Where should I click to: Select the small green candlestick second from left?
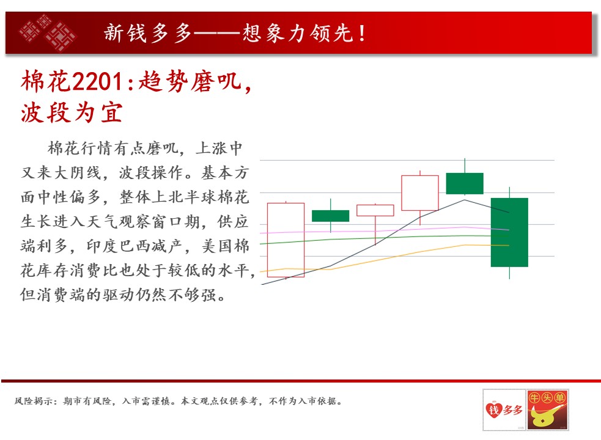pyautogui.click(x=330, y=216)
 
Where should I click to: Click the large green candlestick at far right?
pyautogui.click(x=509, y=232)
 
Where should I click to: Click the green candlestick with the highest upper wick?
pyautogui.click(x=465, y=183)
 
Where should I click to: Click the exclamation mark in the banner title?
pyautogui.click(x=361, y=33)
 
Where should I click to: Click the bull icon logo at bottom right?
pyautogui.click(x=547, y=409)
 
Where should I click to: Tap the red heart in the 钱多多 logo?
pyautogui.click(x=493, y=409)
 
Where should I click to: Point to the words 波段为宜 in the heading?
pyautogui.click(x=72, y=112)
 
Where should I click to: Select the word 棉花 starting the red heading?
pyautogui.click(x=46, y=81)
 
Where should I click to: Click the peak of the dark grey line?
pyautogui.click(x=465, y=200)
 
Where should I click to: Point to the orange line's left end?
pyautogui.click(x=260, y=272)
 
